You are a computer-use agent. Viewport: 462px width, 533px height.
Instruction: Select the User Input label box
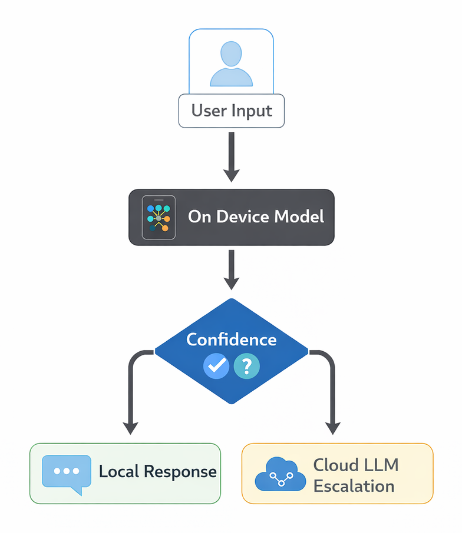click(232, 111)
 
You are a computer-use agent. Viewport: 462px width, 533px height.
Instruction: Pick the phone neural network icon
click(159, 217)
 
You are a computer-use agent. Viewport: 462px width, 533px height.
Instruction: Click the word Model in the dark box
click(300, 216)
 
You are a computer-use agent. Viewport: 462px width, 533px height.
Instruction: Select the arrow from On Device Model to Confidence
click(232, 269)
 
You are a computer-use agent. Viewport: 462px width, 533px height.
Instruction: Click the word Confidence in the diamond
click(231, 339)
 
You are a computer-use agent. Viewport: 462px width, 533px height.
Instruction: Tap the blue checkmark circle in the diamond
click(216, 366)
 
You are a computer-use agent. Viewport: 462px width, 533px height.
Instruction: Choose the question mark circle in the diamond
click(246, 366)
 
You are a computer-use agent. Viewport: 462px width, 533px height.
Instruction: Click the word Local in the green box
click(120, 472)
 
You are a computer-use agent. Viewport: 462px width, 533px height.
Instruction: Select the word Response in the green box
click(180, 472)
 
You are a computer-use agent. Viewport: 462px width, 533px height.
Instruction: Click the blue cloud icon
click(280, 475)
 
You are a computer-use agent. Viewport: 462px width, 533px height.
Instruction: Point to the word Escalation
click(354, 486)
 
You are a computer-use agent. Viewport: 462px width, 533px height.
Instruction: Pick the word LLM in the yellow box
click(381, 465)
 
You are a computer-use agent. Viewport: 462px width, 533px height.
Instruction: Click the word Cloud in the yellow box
click(334, 465)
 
